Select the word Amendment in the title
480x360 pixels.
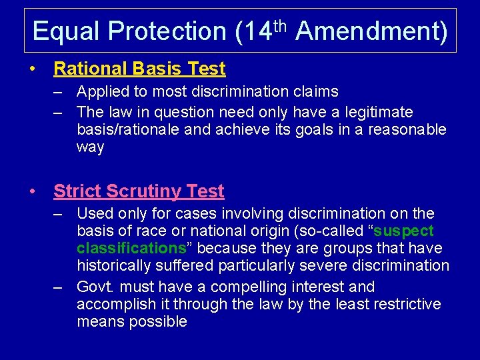pyautogui.click(x=371, y=31)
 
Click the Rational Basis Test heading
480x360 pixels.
pyautogui.click(x=139, y=69)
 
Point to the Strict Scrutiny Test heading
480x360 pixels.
pyautogui.click(x=139, y=191)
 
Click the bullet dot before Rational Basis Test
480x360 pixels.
pyautogui.click(x=33, y=69)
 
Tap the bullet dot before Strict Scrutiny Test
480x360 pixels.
pyautogui.click(x=33, y=192)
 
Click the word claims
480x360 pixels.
pyautogui.click(x=315, y=92)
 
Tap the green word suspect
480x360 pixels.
pyautogui.click(x=404, y=231)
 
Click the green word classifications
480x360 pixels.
pyautogui.click(x=131, y=249)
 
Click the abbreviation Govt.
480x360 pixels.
pyautogui.click(x=95, y=287)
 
